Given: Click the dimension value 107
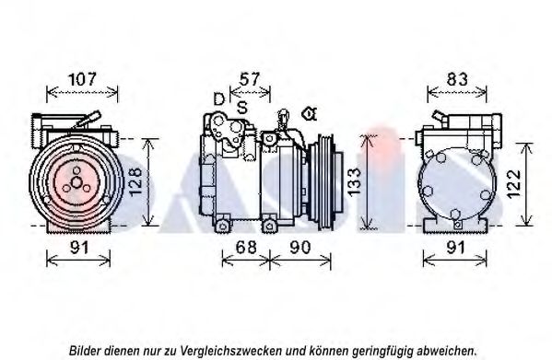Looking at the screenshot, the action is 82,79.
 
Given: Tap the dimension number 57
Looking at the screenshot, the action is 250,79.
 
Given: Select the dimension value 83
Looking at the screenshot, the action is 457,79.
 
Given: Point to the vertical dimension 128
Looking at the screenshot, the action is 135,181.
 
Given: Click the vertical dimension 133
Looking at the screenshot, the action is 354,181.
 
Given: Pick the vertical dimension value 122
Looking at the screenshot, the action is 514,184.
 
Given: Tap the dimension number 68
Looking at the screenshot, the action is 246,248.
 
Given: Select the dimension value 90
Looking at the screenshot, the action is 300,248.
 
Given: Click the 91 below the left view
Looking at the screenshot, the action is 79,248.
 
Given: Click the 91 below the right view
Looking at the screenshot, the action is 456,248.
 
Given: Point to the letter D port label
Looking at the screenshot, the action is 219,99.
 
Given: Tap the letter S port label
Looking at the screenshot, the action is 241,107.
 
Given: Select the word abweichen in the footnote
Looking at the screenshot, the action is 446,351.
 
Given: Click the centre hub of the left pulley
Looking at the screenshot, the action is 76,182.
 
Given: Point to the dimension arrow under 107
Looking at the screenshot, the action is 82,92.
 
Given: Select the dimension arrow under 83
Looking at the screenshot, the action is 457,92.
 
